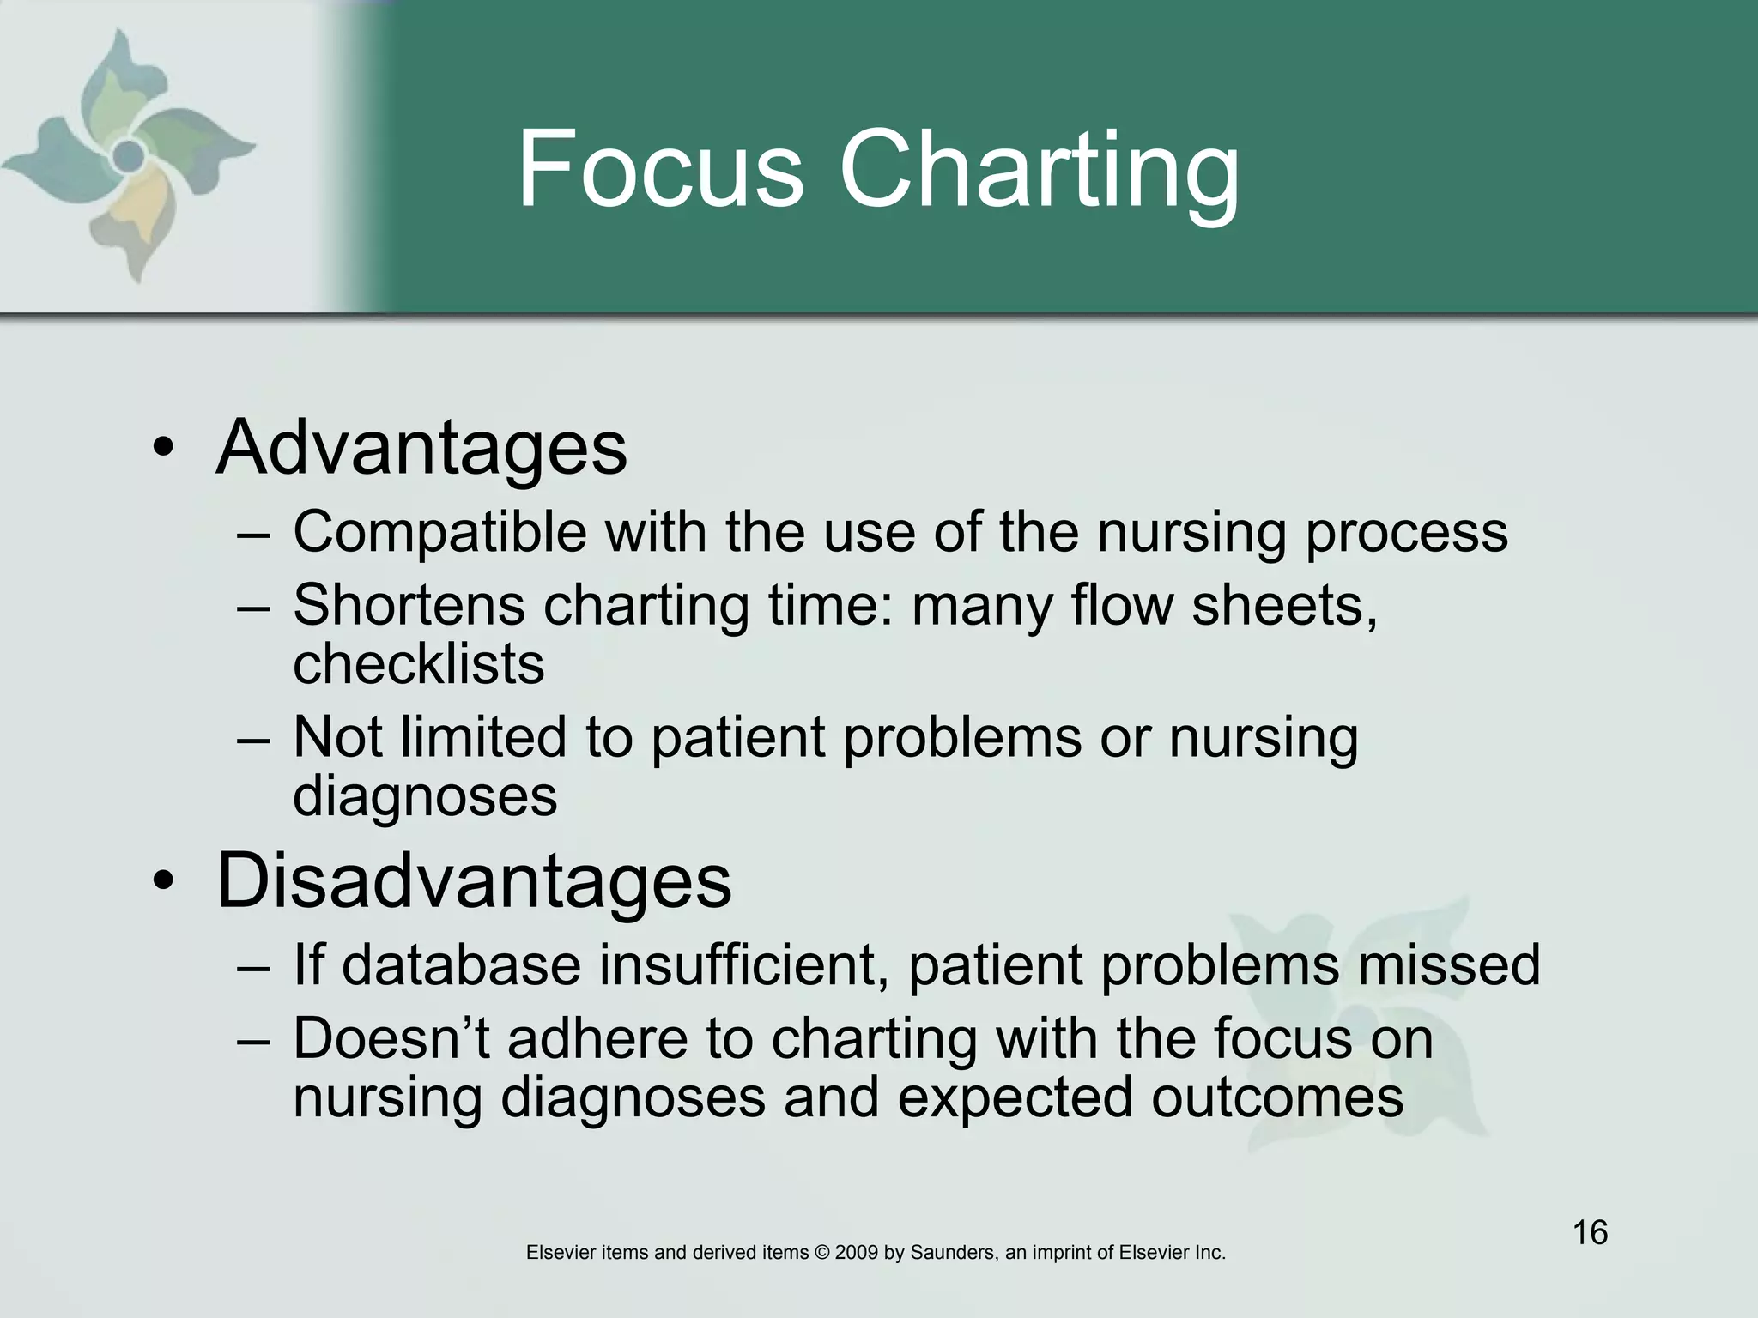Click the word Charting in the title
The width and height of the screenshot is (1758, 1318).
coord(1039,172)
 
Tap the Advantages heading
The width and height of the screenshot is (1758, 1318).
coord(421,447)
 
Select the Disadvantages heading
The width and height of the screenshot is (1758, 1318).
coord(474,880)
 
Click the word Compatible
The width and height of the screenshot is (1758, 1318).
coord(439,533)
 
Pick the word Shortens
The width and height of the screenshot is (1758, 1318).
coord(409,605)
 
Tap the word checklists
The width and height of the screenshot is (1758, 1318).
coord(418,664)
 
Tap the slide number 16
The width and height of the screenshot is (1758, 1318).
coord(1590,1233)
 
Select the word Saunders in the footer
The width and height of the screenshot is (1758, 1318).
coord(952,1253)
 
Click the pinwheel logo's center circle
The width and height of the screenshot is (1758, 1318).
coord(129,155)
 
